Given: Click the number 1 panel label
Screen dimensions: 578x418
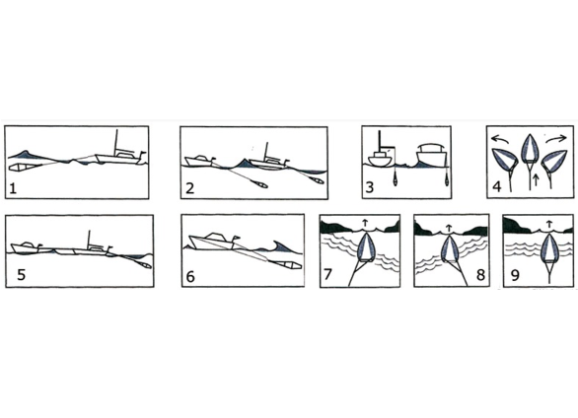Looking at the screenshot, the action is (13, 188).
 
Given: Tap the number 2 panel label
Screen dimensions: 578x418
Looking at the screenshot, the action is (189, 188).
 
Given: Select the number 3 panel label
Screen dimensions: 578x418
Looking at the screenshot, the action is (369, 187).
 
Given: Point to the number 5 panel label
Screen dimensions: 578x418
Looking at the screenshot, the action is (22, 275).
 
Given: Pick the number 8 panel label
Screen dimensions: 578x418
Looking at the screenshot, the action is (480, 275).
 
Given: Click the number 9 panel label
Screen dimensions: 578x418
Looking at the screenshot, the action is (515, 275).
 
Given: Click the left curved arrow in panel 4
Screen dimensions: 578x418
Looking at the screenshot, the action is (501, 139).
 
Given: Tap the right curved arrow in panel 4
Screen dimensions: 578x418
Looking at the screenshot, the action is (556, 139).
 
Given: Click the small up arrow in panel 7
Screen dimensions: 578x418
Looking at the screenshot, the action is (365, 223).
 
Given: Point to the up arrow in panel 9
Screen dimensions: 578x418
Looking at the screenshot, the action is (548, 224).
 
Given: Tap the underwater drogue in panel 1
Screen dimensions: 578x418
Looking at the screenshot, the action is (25, 167).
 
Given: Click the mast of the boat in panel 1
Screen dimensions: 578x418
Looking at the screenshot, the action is (116, 143).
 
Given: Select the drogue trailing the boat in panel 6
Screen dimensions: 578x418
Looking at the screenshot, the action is (286, 265).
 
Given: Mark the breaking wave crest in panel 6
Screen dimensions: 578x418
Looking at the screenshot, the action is (280, 247).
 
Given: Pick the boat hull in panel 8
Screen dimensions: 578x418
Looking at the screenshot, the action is (449, 249).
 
